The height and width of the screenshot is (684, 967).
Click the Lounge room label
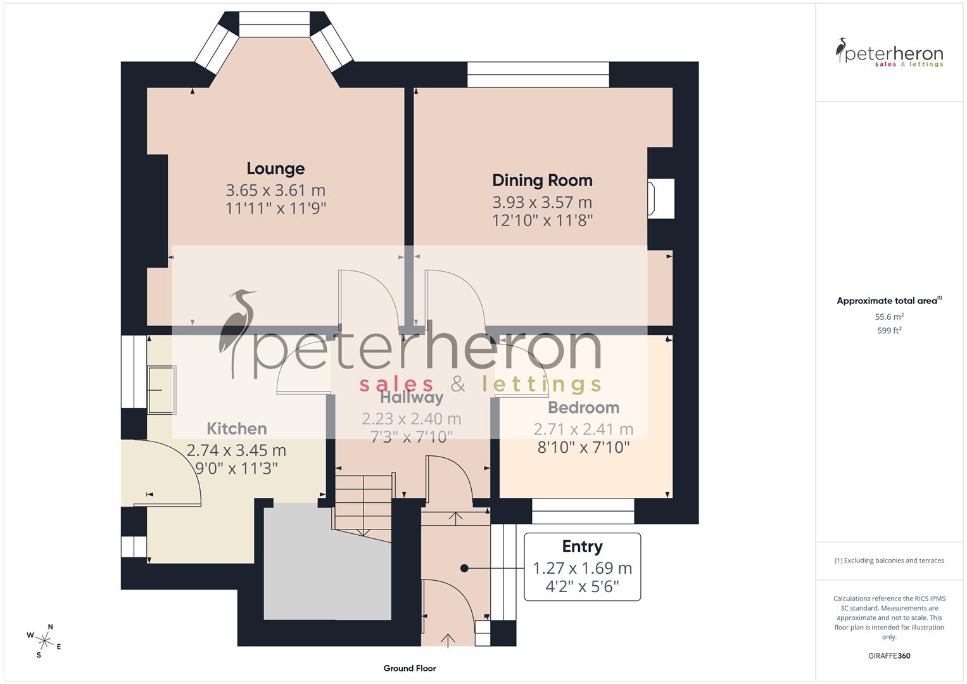coord(275,168)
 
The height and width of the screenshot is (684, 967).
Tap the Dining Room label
coord(542,180)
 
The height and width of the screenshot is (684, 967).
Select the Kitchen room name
coord(237,429)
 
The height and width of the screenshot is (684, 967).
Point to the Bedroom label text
coord(583,407)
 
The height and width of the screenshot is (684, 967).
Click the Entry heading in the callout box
coord(582,547)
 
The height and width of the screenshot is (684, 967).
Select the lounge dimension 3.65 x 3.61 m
coord(275,190)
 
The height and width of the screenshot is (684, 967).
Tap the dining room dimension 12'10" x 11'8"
coord(542,220)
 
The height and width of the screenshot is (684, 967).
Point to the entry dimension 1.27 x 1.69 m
coord(582,568)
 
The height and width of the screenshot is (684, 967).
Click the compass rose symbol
coord(44,640)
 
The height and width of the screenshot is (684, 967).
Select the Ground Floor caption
coord(410,668)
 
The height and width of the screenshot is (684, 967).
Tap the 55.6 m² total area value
coord(889,317)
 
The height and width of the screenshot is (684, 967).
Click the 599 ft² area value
coord(889,331)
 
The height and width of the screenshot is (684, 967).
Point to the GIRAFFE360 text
coord(889,656)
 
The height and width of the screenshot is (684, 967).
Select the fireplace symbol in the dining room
coord(659,199)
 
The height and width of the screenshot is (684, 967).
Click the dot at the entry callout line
coord(464,569)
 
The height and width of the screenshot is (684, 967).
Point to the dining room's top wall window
coord(538,75)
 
